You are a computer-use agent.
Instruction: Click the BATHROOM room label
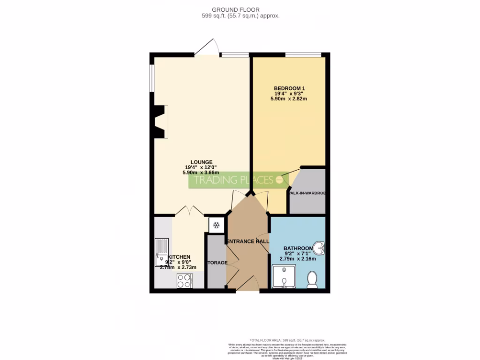298,248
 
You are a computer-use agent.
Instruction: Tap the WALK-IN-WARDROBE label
307,193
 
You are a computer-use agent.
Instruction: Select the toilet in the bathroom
312,279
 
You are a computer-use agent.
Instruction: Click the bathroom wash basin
319,247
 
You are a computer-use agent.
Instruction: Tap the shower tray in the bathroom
284,277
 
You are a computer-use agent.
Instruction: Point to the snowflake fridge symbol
216,225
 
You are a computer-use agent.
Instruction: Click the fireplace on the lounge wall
161,121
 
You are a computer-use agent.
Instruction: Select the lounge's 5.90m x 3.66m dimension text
201,172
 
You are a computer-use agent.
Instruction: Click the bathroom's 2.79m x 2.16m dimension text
298,259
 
